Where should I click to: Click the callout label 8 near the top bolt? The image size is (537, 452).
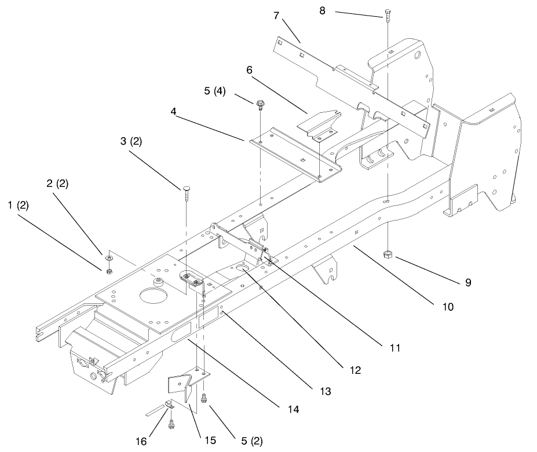click(x=322, y=10)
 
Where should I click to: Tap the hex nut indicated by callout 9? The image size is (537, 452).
click(x=388, y=255)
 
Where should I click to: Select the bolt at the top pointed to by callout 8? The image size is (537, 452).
click(x=388, y=14)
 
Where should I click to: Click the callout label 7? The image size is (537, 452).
click(x=276, y=16)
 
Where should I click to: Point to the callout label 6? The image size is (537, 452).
click(x=249, y=70)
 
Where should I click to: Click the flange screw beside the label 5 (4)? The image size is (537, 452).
click(x=260, y=104)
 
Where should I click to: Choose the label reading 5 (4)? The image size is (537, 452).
click(x=215, y=91)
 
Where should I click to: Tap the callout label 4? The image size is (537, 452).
click(x=174, y=111)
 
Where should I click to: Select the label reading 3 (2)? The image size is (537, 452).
click(x=131, y=141)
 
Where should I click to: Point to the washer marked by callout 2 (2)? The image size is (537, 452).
click(x=109, y=258)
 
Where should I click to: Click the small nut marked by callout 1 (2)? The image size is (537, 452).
click(x=109, y=271)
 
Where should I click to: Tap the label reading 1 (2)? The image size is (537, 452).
click(x=18, y=205)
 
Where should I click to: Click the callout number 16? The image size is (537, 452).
click(x=141, y=442)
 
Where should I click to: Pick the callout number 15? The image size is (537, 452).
click(x=210, y=440)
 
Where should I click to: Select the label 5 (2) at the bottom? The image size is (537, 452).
click(x=252, y=441)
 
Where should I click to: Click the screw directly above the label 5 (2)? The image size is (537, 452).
click(x=204, y=398)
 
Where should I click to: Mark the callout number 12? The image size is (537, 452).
click(x=356, y=370)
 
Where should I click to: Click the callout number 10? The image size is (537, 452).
click(x=448, y=307)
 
